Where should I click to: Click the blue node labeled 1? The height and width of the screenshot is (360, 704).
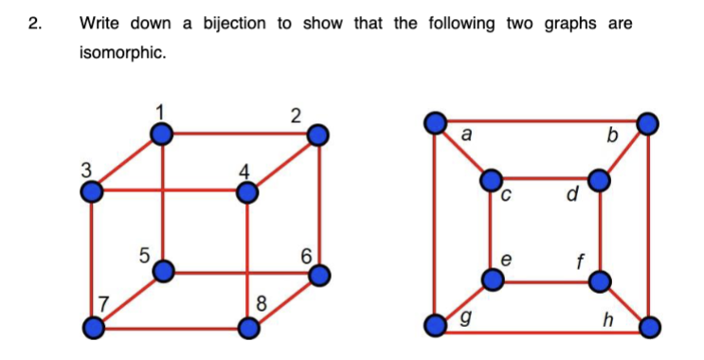pos(164,135)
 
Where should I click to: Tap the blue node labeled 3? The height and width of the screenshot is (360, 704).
pos(92,192)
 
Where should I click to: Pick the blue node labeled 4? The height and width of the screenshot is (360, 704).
pos(247,192)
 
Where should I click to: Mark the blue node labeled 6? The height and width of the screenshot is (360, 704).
pos(319,276)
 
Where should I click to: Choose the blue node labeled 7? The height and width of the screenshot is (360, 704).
pos(92,329)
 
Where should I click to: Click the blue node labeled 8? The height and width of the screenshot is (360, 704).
pos(247,329)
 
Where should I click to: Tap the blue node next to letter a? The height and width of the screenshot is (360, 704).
pos(436,123)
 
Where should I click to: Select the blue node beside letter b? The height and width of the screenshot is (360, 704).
pos(648,123)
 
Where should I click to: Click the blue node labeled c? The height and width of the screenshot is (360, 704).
pos(492,180)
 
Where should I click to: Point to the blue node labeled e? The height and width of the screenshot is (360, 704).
pos(492,280)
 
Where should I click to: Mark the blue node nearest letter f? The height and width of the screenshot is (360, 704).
pos(600,280)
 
